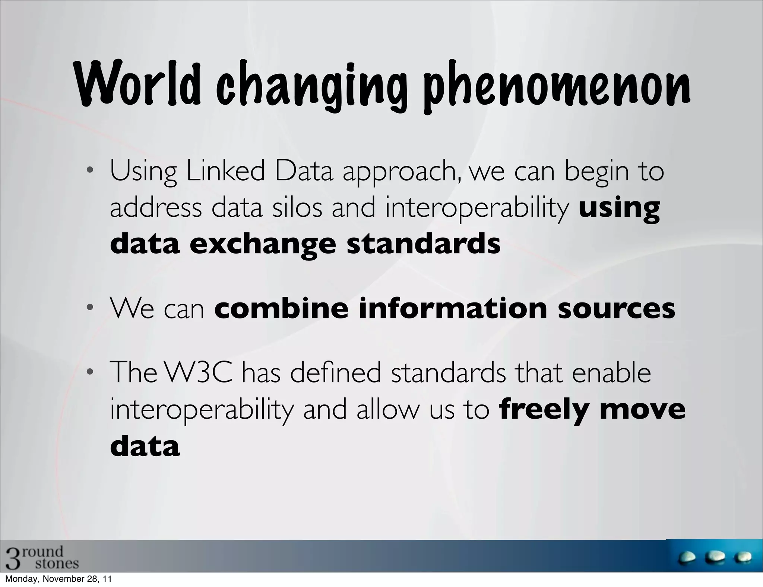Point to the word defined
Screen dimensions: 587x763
(x=335, y=373)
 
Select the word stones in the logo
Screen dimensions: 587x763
(x=57, y=563)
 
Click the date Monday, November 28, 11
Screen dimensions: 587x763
(x=58, y=579)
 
